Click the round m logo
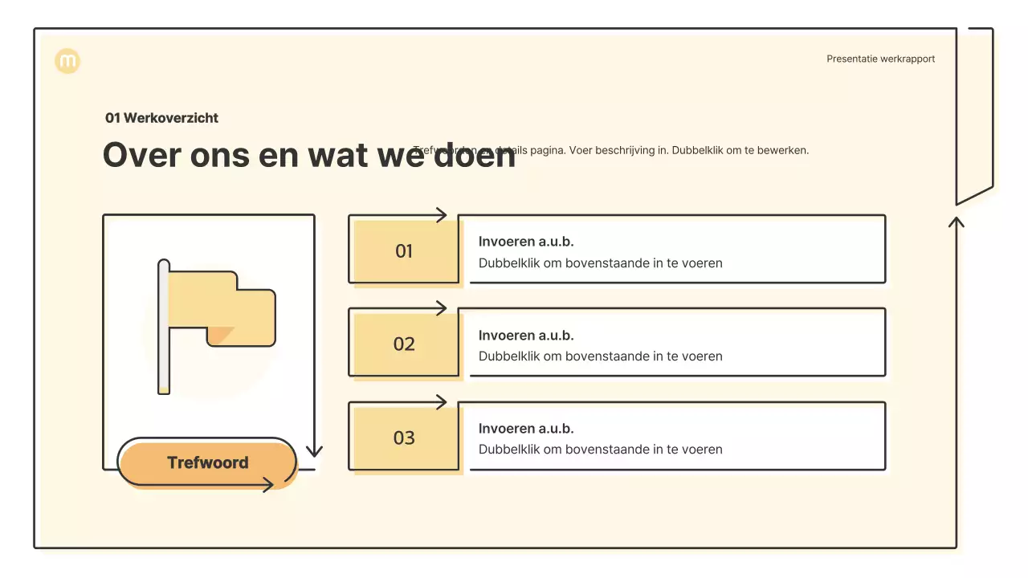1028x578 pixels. click(x=67, y=61)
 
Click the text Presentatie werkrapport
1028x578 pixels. click(x=880, y=59)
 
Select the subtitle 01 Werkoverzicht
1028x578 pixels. click(x=161, y=118)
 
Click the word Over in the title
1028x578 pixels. click(x=141, y=155)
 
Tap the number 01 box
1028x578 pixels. click(x=404, y=251)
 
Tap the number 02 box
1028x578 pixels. click(x=404, y=344)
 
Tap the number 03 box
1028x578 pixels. click(x=404, y=438)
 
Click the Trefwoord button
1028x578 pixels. click(x=207, y=462)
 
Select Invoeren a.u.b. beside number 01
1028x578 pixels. click(x=526, y=242)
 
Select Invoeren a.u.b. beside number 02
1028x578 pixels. click(x=526, y=336)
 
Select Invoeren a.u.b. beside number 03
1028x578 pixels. click(x=526, y=429)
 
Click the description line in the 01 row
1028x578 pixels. click(x=600, y=263)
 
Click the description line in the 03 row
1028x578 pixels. click(x=600, y=450)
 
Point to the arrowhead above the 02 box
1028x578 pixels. click(x=441, y=308)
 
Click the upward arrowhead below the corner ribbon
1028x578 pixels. click(x=956, y=221)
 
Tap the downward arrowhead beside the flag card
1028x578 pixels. click(x=314, y=451)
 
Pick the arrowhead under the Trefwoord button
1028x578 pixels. click(x=268, y=484)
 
